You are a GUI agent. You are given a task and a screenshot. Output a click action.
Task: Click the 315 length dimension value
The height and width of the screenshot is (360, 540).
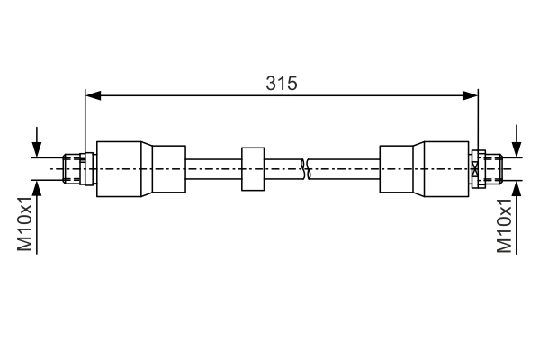[x=281, y=84]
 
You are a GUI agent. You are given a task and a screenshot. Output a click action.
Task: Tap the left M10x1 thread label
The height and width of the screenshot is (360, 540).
[x=25, y=224]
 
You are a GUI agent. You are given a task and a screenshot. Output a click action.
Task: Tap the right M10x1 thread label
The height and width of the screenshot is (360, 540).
[x=504, y=226]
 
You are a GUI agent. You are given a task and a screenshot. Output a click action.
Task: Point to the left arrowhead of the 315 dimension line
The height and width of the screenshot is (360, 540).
[x=93, y=95]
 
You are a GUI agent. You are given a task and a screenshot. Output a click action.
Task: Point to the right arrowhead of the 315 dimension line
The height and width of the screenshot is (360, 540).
[x=470, y=95]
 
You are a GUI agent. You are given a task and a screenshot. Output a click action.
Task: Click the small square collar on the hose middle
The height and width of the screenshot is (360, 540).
[x=253, y=169]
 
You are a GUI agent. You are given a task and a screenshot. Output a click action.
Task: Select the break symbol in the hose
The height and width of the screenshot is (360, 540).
[x=305, y=169]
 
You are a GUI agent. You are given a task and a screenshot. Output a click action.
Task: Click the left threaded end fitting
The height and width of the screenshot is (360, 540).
[x=71, y=169]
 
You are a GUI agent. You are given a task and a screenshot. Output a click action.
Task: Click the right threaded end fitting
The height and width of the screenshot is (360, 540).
[x=494, y=169]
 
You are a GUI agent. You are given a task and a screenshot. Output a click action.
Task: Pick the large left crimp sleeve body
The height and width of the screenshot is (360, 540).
[x=119, y=169]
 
